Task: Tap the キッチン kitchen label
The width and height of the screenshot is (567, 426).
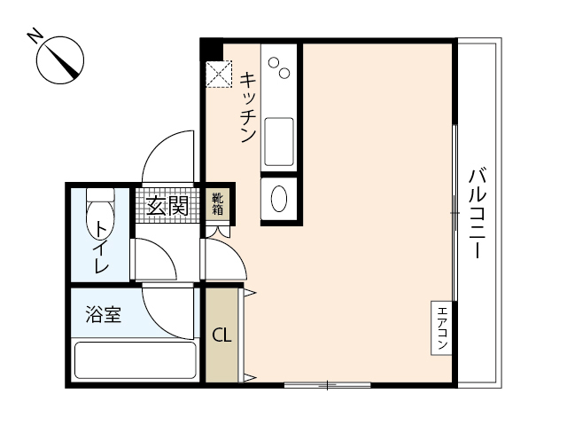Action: click(x=247, y=106)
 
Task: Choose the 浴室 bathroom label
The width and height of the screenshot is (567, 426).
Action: click(x=103, y=313)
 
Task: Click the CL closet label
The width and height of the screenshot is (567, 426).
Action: click(x=221, y=336)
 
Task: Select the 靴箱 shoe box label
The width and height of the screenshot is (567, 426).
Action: click(x=217, y=204)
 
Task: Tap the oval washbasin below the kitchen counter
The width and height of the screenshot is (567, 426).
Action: click(x=279, y=198)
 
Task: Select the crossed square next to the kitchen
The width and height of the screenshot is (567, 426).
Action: click(x=218, y=74)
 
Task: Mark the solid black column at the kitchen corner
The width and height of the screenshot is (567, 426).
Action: click(x=210, y=48)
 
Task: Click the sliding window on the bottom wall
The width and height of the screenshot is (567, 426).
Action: click(x=327, y=384)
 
